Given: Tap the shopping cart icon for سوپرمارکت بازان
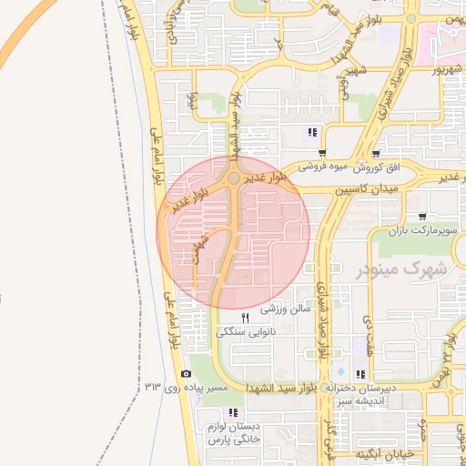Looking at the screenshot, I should pos(422,217).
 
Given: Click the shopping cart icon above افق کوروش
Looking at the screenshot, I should pos(376,154).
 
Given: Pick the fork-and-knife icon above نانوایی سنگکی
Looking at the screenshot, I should pos(244,319).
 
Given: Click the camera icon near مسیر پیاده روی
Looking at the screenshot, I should pos(187,374).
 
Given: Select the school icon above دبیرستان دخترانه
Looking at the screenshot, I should pos(361,374).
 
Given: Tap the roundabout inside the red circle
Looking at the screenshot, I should pos(234,179).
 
